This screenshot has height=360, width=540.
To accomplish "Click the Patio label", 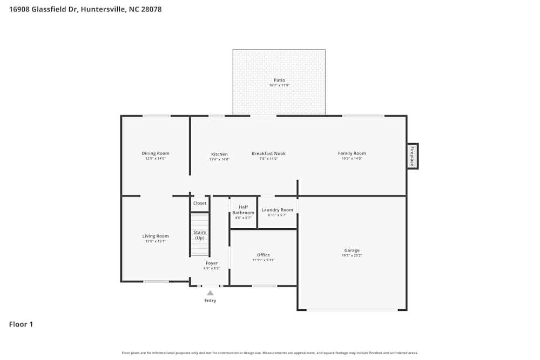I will pyautogui.click(x=279, y=80).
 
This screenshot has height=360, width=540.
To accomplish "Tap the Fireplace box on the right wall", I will pyautogui.click(x=412, y=156).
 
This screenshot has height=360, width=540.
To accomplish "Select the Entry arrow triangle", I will pyautogui.click(x=210, y=293).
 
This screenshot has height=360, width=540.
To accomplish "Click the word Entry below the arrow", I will pyautogui.click(x=210, y=301).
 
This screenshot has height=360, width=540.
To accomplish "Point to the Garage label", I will pyautogui.click(x=352, y=250).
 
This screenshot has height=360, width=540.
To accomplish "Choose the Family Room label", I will pyautogui.click(x=352, y=153).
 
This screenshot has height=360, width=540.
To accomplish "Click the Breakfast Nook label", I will pyautogui.click(x=268, y=153).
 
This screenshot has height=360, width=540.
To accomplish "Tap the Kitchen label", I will pyautogui.click(x=219, y=154).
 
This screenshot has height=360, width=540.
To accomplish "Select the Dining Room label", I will pyautogui.click(x=156, y=153).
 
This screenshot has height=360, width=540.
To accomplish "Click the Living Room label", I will pyautogui.click(x=156, y=236).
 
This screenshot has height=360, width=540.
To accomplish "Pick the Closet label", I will pyautogui.click(x=200, y=203).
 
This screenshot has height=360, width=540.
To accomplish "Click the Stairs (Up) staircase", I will pyautogui.click(x=200, y=235).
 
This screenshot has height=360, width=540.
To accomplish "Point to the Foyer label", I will pyautogui.click(x=212, y=263).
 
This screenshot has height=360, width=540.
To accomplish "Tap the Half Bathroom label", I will pyautogui.click(x=243, y=210).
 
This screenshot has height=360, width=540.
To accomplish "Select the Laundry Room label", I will pyautogui.click(x=277, y=210).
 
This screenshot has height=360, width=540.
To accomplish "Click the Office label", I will pyautogui.click(x=264, y=255).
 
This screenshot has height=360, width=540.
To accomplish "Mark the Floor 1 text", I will pyautogui.click(x=21, y=324).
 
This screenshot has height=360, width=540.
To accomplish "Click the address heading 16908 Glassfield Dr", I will pyautogui.click(x=85, y=9).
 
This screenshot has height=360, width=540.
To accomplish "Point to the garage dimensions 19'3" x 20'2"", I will pyautogui.click(x=352, y=255).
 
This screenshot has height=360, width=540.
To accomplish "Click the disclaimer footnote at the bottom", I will pyautogui.click(x=270, y=353).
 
